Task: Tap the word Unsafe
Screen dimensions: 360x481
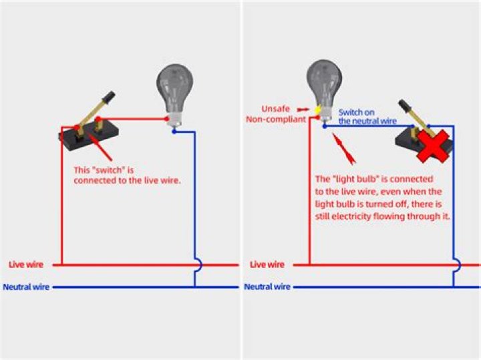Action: [275, 108]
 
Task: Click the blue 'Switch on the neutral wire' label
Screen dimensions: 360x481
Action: [367, 116]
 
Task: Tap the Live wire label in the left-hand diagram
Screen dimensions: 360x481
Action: [25, 264]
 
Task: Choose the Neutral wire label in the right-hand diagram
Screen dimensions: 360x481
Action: [267, 287]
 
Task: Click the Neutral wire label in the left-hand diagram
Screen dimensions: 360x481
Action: [26, 287]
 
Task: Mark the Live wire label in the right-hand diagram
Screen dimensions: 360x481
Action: [267, 264]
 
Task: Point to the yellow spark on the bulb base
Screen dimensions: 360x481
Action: [318, 108]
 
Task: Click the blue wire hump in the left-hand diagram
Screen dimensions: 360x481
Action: [198, 264]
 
